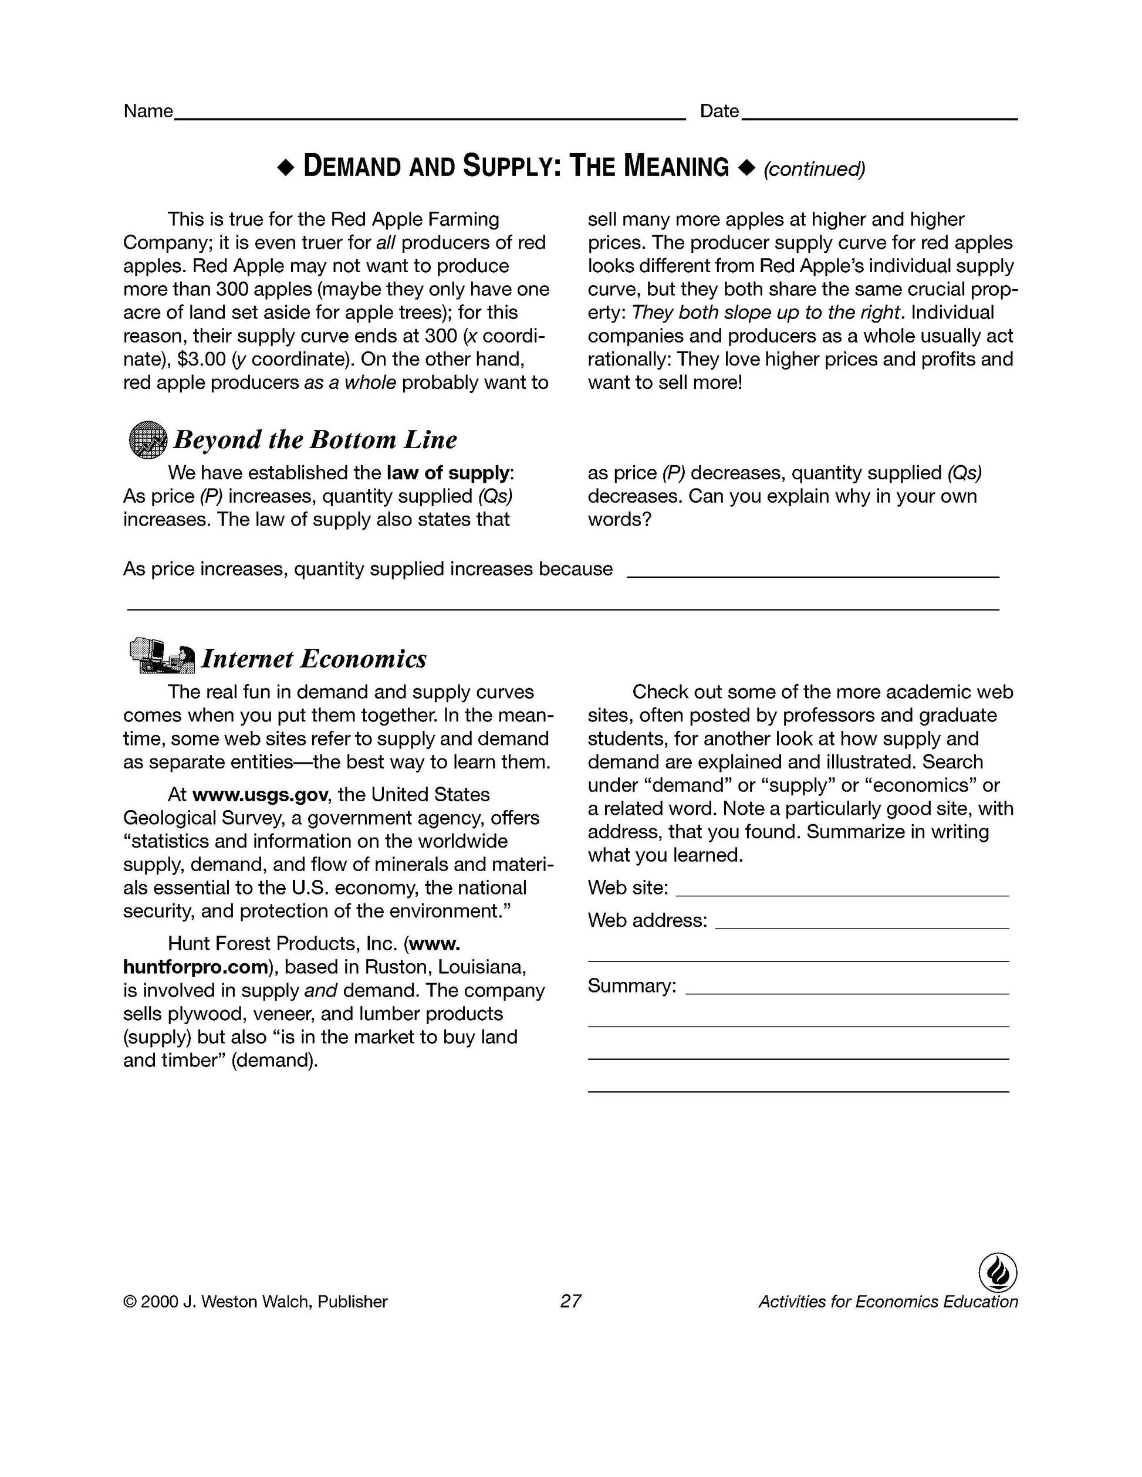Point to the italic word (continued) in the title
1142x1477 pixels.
pos(814,169)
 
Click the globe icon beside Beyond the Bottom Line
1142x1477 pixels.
pos(147,439)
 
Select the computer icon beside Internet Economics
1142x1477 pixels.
pos(161,655)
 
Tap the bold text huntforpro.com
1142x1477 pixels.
pos(195,967)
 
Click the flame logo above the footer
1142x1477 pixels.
pos(998,1273)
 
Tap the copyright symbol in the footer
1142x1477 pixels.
pos(129,1302)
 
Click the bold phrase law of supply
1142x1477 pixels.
pos(448,473)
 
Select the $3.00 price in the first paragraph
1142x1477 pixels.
pos(201,359)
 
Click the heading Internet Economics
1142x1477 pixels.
pos(314,659)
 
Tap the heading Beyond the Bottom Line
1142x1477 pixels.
pos(315,439)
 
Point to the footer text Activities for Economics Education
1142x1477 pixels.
pos(888,1302)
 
